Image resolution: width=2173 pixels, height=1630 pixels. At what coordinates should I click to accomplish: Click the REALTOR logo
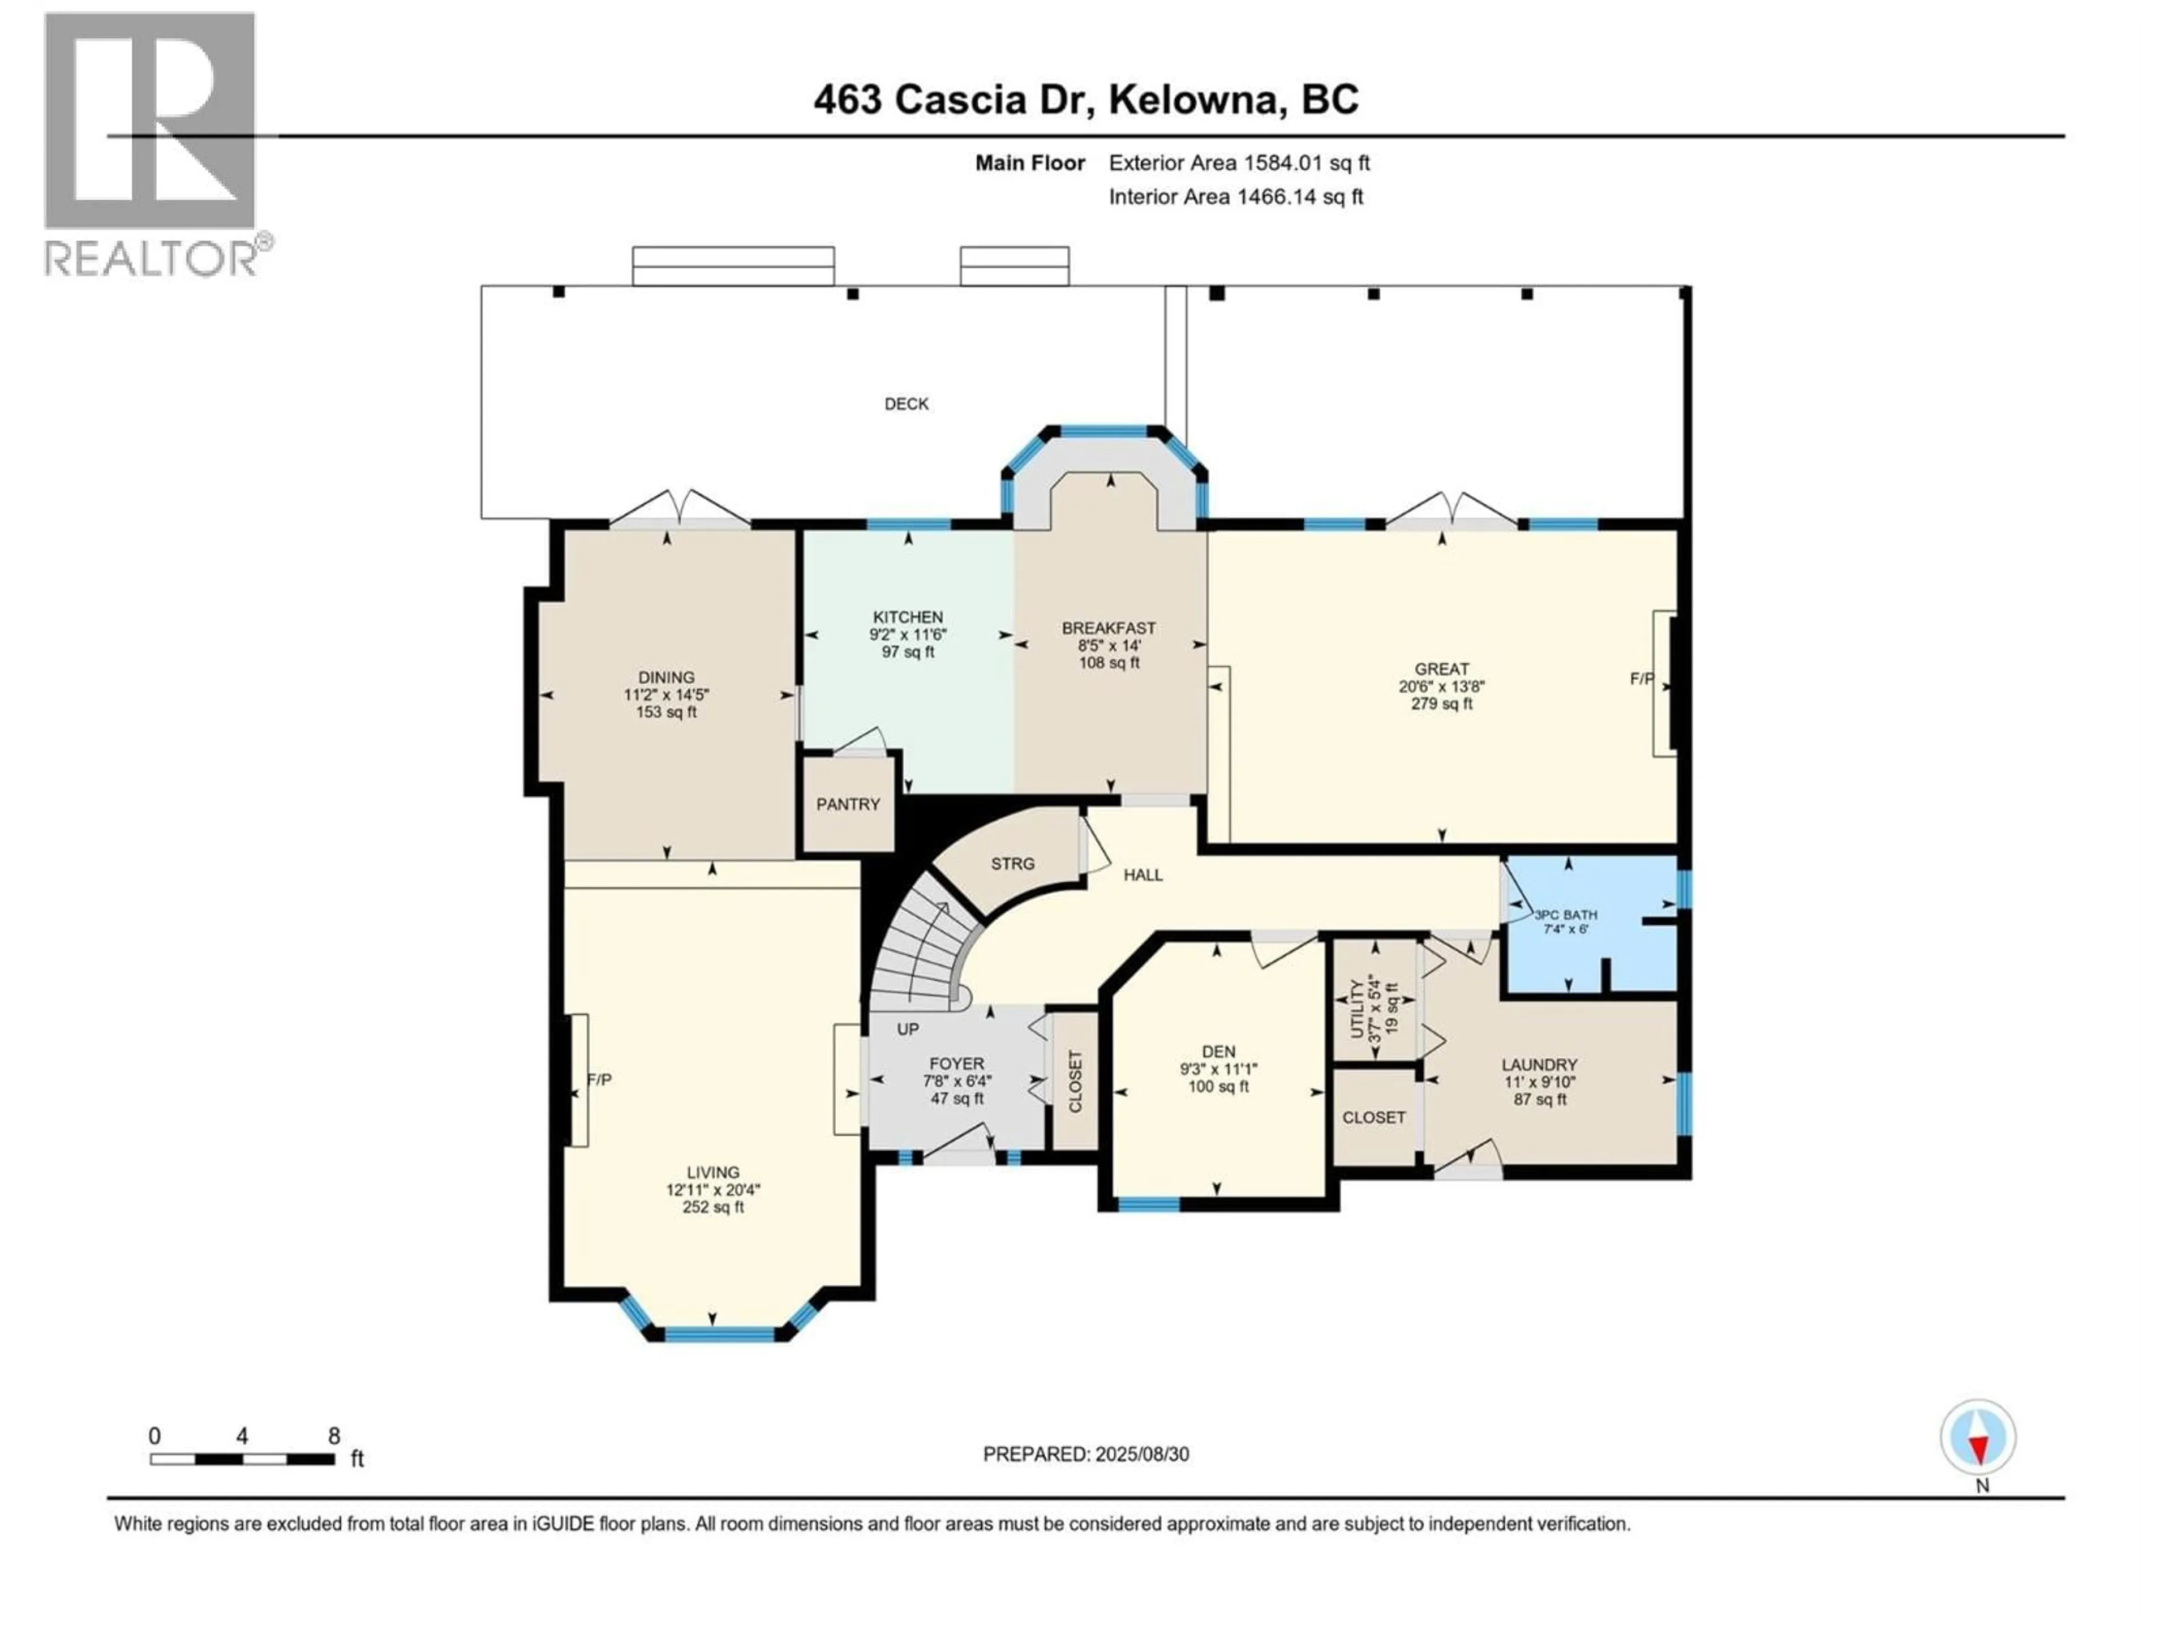coord(152,143)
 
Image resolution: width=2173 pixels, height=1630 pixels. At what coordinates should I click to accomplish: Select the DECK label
coord(906,404)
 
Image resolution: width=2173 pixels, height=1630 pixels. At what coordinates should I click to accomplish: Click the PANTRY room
coord(848,804)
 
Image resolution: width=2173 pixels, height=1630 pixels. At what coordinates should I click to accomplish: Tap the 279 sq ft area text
coord(1441,704)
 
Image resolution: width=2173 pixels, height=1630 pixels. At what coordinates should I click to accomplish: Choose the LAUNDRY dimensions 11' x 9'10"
coord(1539,1082)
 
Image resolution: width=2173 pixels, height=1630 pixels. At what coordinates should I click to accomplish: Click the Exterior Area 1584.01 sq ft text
coord(1239,163)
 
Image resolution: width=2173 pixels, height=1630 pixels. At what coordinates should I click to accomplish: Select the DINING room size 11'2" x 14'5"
coord(666,694)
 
